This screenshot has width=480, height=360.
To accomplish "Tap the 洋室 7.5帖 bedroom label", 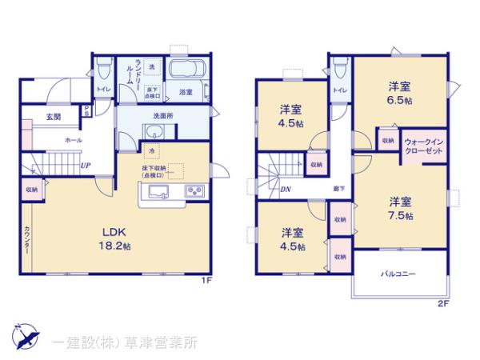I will click(401, 207).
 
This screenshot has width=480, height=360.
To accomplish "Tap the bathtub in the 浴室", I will click(188, 69).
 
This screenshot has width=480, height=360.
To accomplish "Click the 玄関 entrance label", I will click(54, 118).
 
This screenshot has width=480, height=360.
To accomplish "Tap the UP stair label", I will click(85, 166).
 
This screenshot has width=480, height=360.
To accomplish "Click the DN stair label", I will click(286, 189).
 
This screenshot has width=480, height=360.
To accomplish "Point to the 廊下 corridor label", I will click(340, 189).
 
